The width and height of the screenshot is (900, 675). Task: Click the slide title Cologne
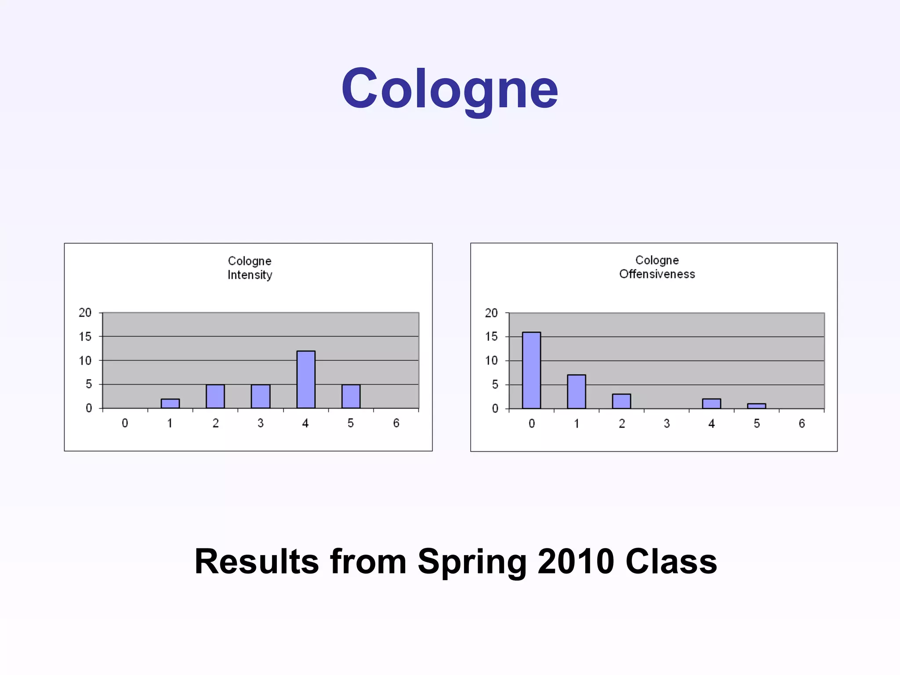pos(450,89)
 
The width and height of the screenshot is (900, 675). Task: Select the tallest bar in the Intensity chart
pos(306,379)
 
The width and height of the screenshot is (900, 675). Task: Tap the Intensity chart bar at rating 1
pos(170,403)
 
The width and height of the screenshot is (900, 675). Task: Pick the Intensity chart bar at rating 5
pos(351,396)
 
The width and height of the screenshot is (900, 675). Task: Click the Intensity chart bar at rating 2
pos(215,396)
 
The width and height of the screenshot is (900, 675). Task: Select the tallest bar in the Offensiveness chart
pos(531,370)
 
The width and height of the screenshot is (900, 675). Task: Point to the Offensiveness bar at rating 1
pos(577,391)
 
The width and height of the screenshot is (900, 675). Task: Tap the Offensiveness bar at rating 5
pos(757,406)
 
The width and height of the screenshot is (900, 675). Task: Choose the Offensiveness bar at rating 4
pos(711,403)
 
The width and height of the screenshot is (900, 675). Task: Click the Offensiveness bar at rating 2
pos(621,401)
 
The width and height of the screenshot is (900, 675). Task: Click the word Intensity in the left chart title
pos(250,275)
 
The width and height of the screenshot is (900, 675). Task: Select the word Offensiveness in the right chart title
pos(657,274)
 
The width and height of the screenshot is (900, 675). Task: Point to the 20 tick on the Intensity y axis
pos(85,313)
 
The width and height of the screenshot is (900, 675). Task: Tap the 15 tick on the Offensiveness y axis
pos(491,337)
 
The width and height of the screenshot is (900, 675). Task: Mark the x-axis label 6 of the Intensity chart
pos(396,423)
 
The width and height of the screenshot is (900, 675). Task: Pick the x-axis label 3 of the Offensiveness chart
pos(667,424)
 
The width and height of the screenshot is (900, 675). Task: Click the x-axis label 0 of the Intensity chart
pos(125,423)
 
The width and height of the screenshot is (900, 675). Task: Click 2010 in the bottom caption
pos(576,562)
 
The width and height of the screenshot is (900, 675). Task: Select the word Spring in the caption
pos(472,562)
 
